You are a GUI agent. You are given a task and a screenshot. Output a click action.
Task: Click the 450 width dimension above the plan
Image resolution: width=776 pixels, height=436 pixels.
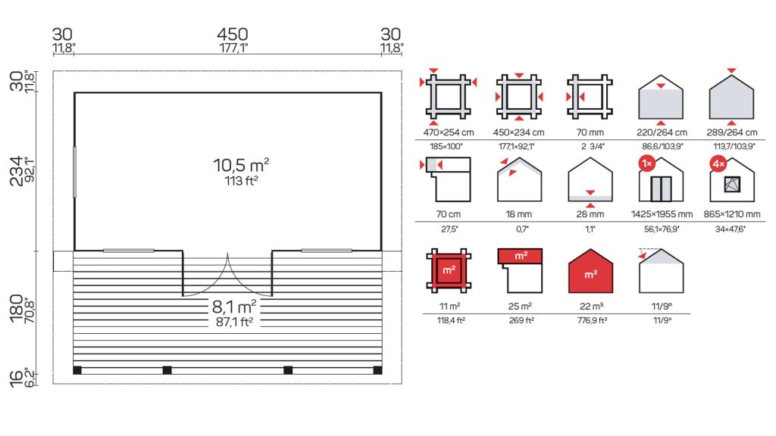click(232, 34)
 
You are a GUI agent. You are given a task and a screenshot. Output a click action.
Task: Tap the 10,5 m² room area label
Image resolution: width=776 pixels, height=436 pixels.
click(241, 165)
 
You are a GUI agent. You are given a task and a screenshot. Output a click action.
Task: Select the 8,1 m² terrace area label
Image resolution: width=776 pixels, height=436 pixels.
click(234, 307)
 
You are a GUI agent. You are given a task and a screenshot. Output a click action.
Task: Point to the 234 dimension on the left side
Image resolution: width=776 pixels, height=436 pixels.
click(17, 171)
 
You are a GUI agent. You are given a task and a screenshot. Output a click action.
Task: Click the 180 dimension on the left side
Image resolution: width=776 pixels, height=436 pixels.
click(17, 309)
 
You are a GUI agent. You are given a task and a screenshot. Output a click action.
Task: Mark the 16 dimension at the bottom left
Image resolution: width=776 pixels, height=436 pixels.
click(17, 378)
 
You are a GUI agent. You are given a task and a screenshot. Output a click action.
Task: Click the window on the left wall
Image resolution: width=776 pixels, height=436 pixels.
click(75, 172)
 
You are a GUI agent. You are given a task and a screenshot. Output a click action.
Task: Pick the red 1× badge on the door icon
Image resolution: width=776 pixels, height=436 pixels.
click(647, 163)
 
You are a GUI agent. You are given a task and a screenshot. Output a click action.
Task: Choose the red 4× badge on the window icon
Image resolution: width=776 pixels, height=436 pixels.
click(718, 163)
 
